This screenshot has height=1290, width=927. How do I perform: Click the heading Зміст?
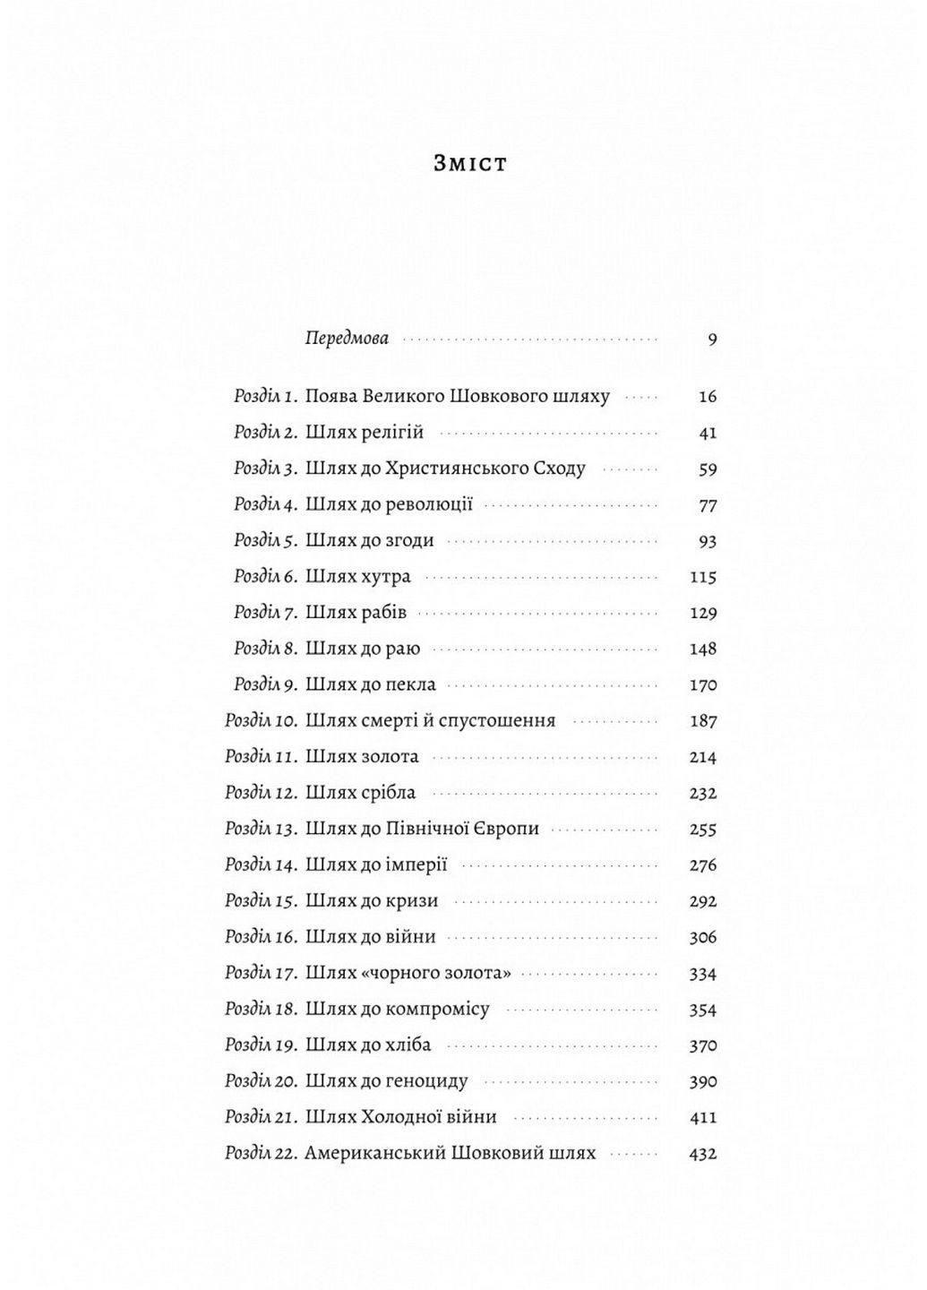469,164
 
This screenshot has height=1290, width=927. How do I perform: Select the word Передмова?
347,340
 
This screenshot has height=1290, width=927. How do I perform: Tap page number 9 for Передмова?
712,340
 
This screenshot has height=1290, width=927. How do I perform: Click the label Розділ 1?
264,397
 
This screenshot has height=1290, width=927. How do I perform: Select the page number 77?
708,506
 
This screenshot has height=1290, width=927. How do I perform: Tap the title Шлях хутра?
357,577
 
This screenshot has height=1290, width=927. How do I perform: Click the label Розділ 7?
265,614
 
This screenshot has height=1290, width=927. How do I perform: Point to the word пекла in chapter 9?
410,685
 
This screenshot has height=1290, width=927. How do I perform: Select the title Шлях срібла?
360,794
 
